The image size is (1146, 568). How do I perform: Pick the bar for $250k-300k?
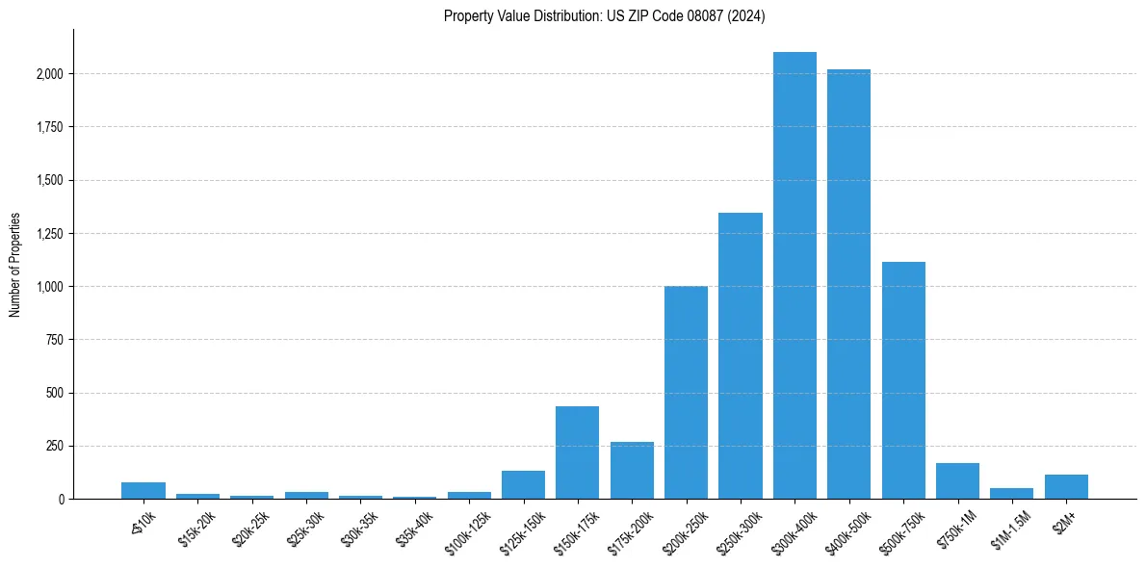pyautogui.click(x=741, y=356)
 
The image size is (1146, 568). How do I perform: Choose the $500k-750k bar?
pyautogui.click(x=903, y=380)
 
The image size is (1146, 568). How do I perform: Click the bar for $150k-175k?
pyautogui.click(x=577, y=452)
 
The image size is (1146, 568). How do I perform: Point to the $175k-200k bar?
pyautogui.click(x=632, y=471)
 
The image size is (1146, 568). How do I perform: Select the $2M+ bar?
pyautogui.click(x=1066, y=487)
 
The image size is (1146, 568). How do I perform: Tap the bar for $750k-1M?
pyautogui.click(x=957, y=481)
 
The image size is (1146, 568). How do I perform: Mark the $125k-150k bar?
pyautogui.click(x=523, y=485)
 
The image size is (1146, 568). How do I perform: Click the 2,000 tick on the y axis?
pyautogui.click(x=51, y=74)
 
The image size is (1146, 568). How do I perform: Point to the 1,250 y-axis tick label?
pyautogui.click(x=51, y=234)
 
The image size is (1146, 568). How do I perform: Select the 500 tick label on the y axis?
pyautogui.click(x=57, y=393)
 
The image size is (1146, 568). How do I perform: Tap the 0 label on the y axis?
pyautogui.click(x=62, y=500)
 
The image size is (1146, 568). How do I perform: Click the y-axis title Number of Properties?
pyautogui.click(x=14, y=265)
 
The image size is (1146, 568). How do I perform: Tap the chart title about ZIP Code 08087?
pyautogui.click(x=604, y=16)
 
